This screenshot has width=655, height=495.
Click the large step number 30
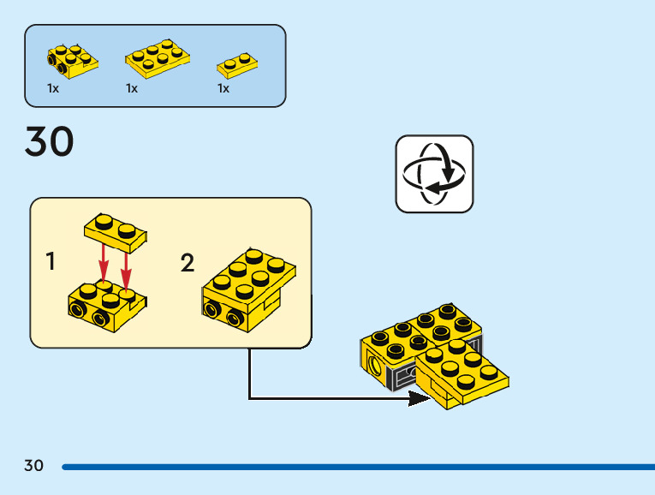coord(50,142)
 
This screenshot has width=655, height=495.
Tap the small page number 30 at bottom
coord(33,466)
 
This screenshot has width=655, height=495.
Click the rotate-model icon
coord(434,174)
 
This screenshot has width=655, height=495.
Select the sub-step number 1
coord(51,262)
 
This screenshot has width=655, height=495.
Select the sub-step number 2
coord(188,263)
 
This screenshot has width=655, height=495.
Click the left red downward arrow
coord(104,260)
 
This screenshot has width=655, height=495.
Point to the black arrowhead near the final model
coord(419,398)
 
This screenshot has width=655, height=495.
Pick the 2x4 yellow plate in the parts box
coord(158,57)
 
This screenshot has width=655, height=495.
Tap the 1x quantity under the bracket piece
coord(53,88)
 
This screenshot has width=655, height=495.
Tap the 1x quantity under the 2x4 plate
coord(132,88)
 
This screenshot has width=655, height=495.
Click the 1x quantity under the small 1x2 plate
coord(223,88)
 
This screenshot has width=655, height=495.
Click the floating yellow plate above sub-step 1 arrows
coord(116,229)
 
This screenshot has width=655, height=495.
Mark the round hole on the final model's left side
coord(376,367)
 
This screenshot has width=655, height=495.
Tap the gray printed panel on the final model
coord(401,376)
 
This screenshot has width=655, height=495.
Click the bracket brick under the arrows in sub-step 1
coord(104,306)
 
